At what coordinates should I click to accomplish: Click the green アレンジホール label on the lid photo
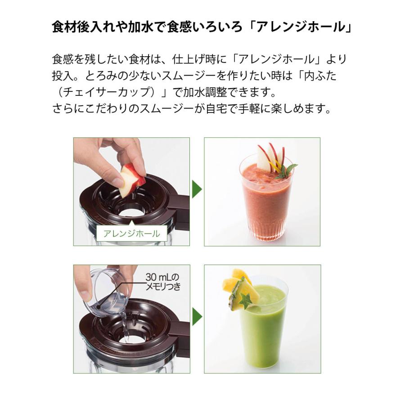132,234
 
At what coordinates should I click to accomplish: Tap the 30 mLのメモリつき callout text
162,281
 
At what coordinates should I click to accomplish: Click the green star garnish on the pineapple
246,300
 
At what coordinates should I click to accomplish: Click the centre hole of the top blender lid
130,211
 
